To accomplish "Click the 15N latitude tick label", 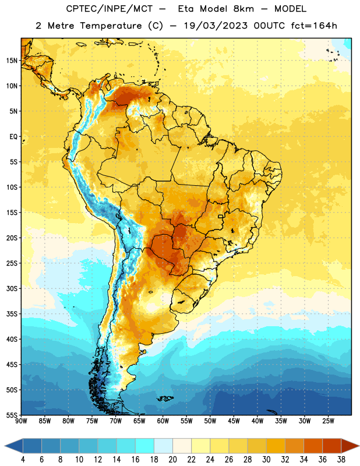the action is click(x=12, y=61).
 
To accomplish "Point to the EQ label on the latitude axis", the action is click(x=13, y=137).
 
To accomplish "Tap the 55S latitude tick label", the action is click(x=12, y=415).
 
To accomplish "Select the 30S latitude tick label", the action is click(x=12, y=288).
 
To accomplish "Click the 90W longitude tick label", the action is click(x=21, y=421).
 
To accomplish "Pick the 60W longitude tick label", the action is click(x=163, y=421).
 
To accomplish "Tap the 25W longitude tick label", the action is click(x=328, y=421).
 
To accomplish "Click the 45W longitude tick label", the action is click(x=234, y=421).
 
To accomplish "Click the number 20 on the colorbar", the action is click(x=172, y=460).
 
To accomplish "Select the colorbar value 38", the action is click(x=341, y=460).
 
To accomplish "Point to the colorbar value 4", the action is click(x=23, y=460).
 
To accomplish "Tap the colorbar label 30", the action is click(x=266, y=460).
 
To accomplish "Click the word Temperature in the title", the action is click(x=111, y=26).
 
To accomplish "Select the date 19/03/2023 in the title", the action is click(x=216, y=26).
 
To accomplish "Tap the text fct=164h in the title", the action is click(x=314, y=26).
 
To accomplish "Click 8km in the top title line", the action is click(x=243, y=9).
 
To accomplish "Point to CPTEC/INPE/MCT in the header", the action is click(x=109, y=9).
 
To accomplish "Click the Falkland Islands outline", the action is click(x=165, y=398).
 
